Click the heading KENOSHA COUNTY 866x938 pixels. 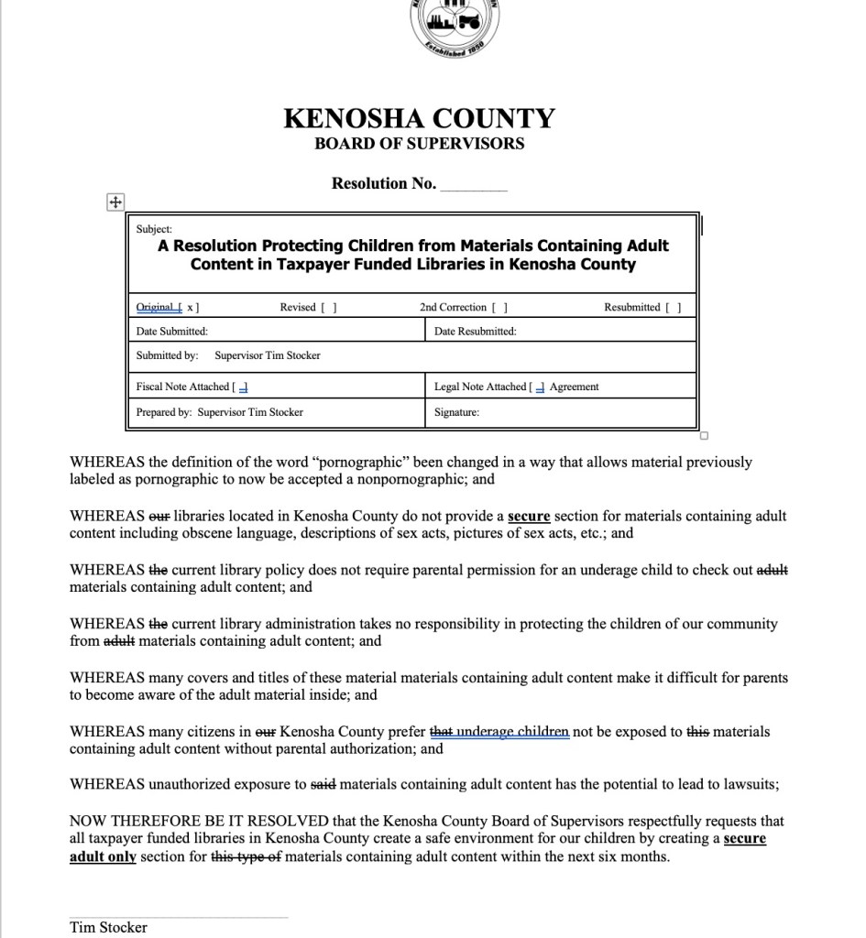(x=420, y=119)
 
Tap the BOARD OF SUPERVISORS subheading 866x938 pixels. (x=420, y=144)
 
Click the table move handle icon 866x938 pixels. (x=115, y=202)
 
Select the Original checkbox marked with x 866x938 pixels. (x=188, y=308)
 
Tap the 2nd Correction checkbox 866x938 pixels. (x=500, y=308)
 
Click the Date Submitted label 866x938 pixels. (x=171, y=332)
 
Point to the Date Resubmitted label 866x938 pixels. (x=475, y=332)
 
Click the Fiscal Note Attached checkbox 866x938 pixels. (x=242, y=387)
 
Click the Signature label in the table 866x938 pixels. (x=456, y=412)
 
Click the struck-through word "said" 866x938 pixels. (x=323, y=785)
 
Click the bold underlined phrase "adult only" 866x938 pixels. (x=103, y=857)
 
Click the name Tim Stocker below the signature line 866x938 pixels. (x=108, y=927)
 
